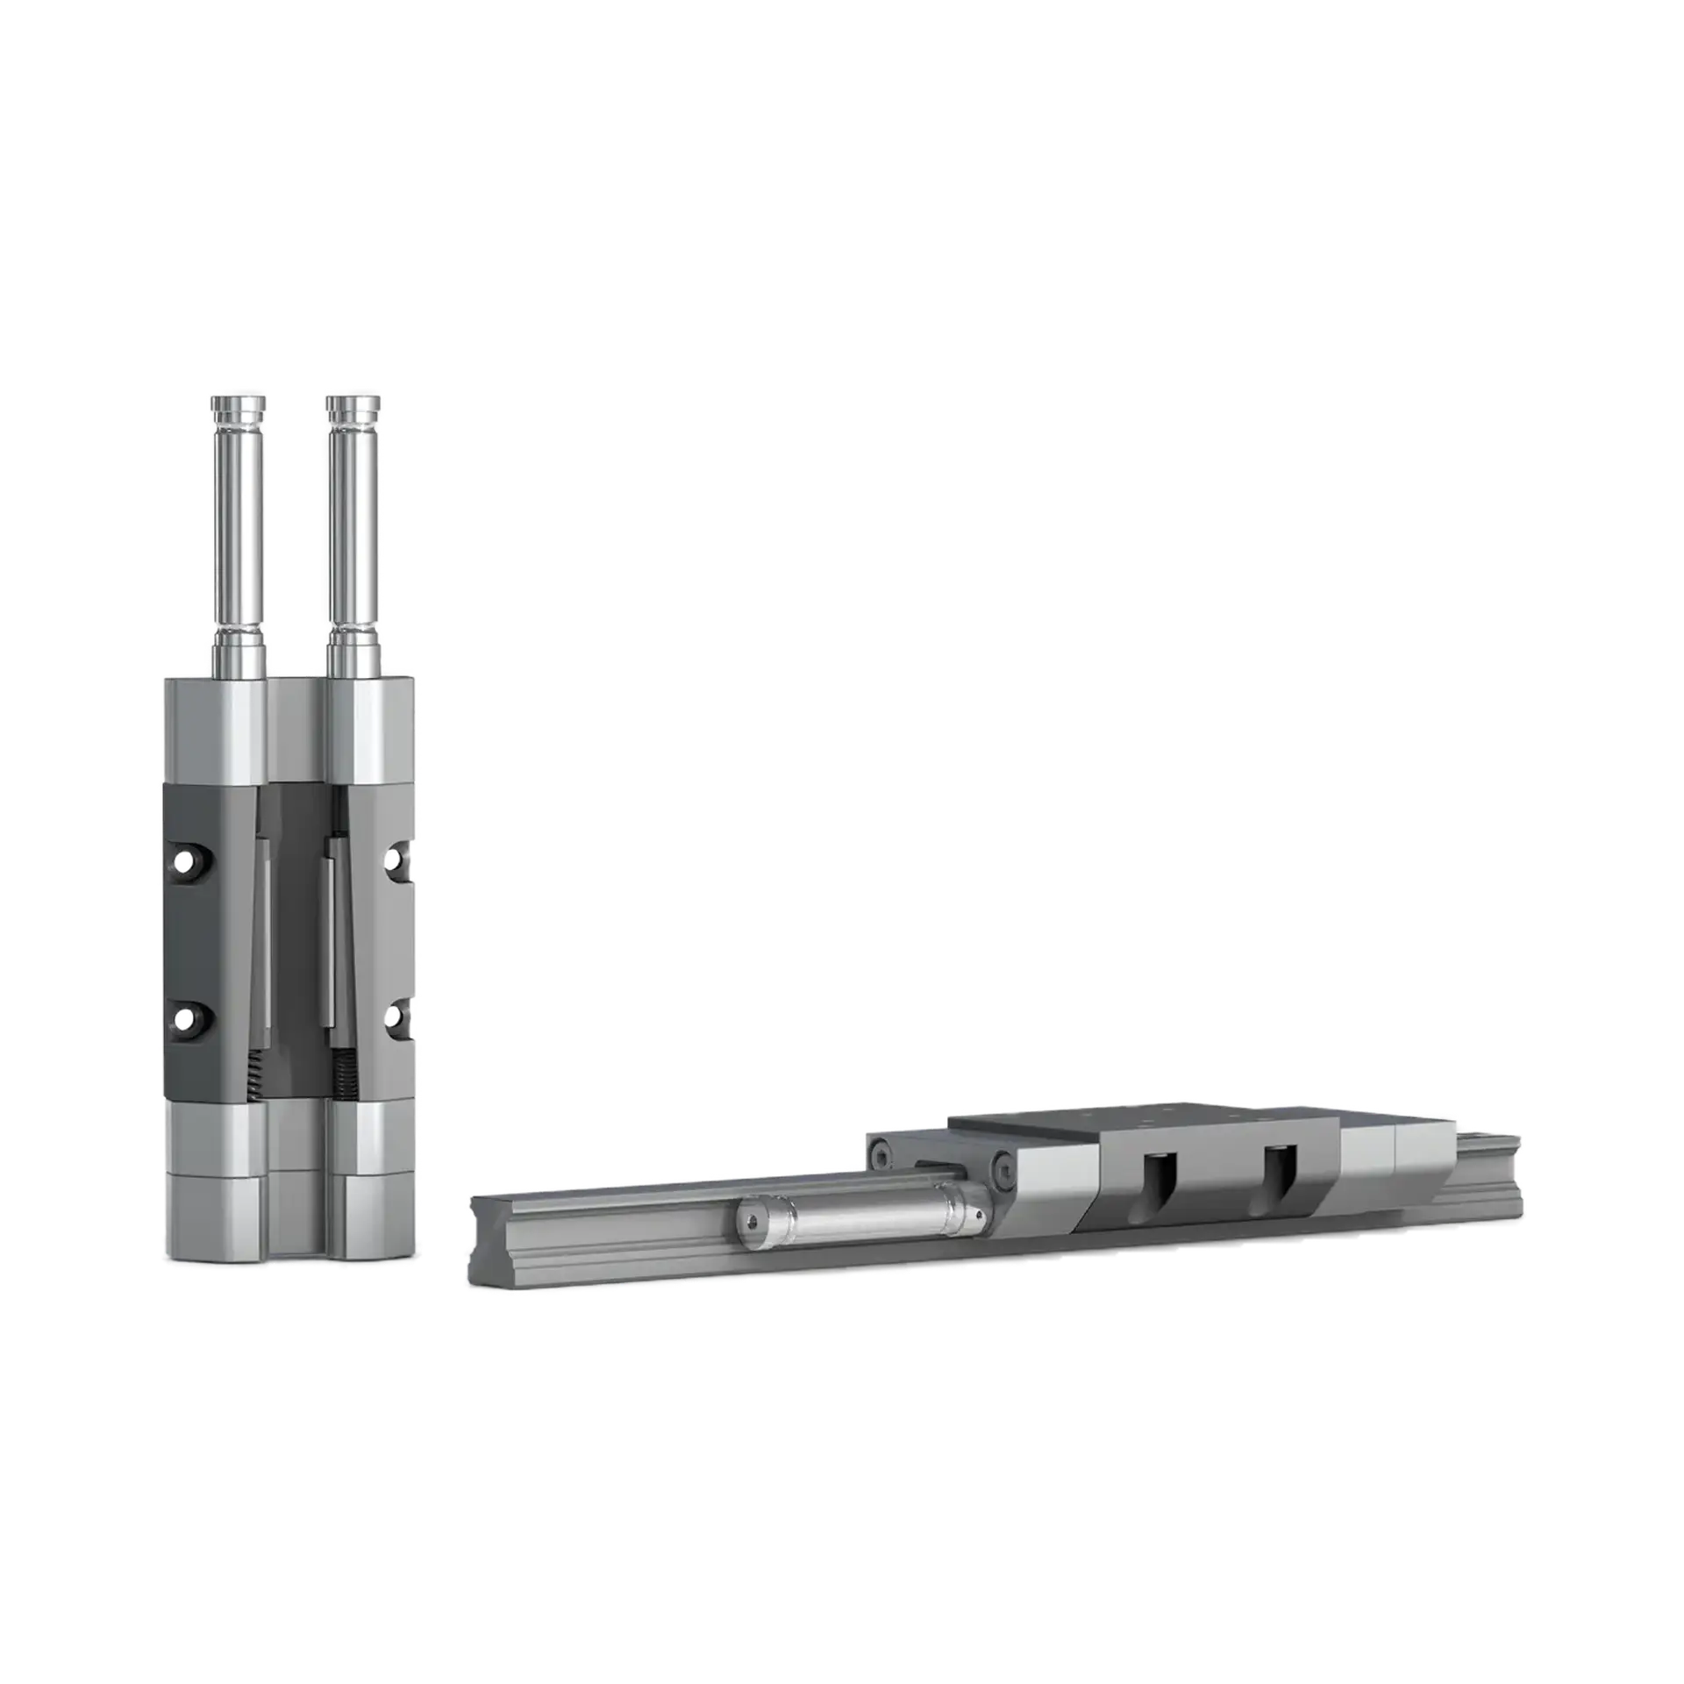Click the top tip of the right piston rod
pyautogui.click(x=352, y=397)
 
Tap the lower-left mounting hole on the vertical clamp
pyautogui.click(x=184, y=1017)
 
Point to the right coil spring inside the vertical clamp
pyautogui.click(x=339, y=1076)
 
